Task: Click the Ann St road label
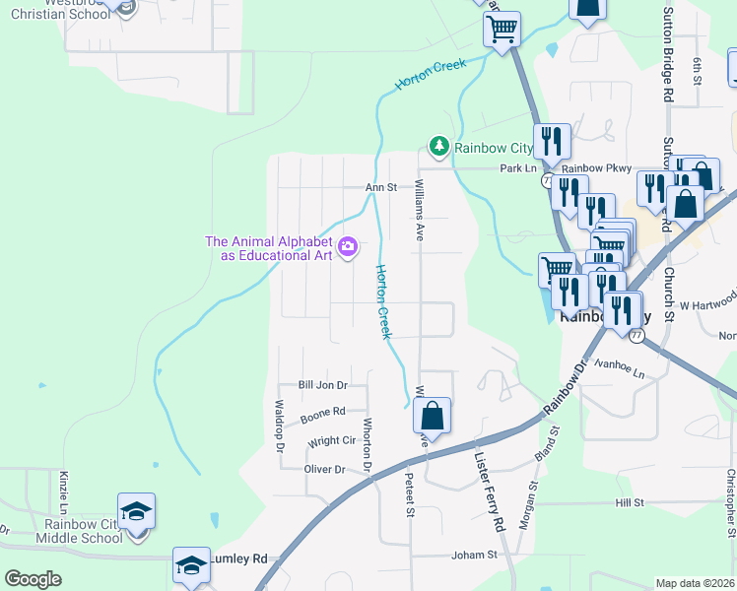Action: coord(380,187)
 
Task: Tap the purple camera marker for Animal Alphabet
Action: coord(347,247)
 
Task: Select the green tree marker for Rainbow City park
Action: coord(436,148)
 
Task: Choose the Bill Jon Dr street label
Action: coord(323,385)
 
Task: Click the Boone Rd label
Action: coord(323,411)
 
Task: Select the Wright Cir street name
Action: coord(332,442)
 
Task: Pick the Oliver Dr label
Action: coord(325,470)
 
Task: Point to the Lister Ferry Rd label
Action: coord(489,489)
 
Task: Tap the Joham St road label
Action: coord(474,556)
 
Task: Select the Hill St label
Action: coord(629,502)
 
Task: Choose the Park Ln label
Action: coord(517,168)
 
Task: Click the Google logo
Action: coord(33,579)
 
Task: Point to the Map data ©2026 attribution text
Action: coord(695,583)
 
